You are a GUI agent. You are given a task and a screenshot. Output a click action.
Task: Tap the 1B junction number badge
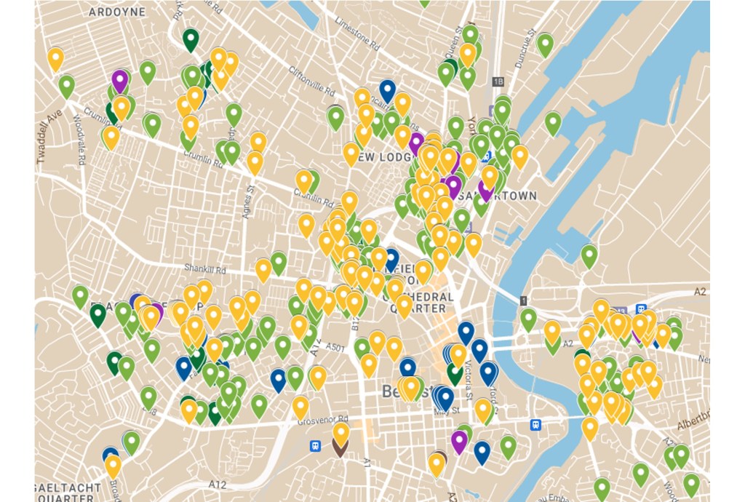point(498,81)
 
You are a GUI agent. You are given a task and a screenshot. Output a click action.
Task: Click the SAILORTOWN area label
point(509,196)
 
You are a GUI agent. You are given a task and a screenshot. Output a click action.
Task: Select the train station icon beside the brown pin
point(315,445)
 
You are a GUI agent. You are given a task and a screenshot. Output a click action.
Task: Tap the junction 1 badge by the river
point(522,300)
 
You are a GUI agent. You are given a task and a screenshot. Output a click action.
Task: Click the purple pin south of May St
point(459,441)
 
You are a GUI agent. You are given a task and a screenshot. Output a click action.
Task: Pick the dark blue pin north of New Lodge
point(388,90)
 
